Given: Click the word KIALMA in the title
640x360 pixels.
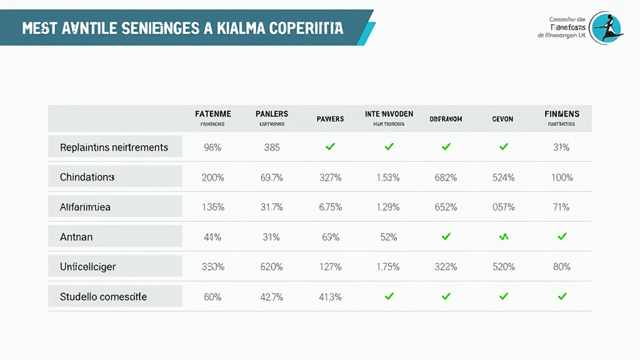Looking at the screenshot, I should [x=244, y=28].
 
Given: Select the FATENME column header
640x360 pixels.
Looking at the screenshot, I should [x=212, y=114].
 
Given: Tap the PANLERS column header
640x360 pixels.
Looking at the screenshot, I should [x=272, y=114].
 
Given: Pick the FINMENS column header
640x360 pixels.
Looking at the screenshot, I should [x=562, y=114].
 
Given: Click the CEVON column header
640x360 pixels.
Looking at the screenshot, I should [x=502, y=119].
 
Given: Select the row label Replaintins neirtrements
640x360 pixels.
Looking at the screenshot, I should [x=114, y=147].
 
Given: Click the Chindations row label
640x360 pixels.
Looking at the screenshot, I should [x=87, y=177].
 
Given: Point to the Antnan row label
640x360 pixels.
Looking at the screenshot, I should [x=76, y=237].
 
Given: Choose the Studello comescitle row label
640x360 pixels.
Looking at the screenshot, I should [x=103, y=296].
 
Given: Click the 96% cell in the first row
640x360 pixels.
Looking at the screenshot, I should [x=212, y=147].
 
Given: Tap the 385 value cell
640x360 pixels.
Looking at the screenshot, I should [x=272, y=147].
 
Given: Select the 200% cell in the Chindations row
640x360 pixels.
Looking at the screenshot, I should [x=212, y=177].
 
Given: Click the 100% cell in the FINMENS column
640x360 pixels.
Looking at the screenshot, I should [x=562, y=177].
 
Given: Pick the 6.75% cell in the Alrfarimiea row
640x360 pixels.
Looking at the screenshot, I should [x=330, y=207].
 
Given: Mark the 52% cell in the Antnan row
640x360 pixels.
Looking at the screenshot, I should [x=389, y=237].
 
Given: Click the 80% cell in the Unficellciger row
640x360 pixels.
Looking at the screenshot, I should [x=562, y=267].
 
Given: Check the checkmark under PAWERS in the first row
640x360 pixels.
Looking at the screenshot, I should [x=330, y=147].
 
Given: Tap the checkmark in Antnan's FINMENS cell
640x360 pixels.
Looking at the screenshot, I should [x=562, y=236].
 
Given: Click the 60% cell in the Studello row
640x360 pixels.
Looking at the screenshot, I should [x=212, y=297].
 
